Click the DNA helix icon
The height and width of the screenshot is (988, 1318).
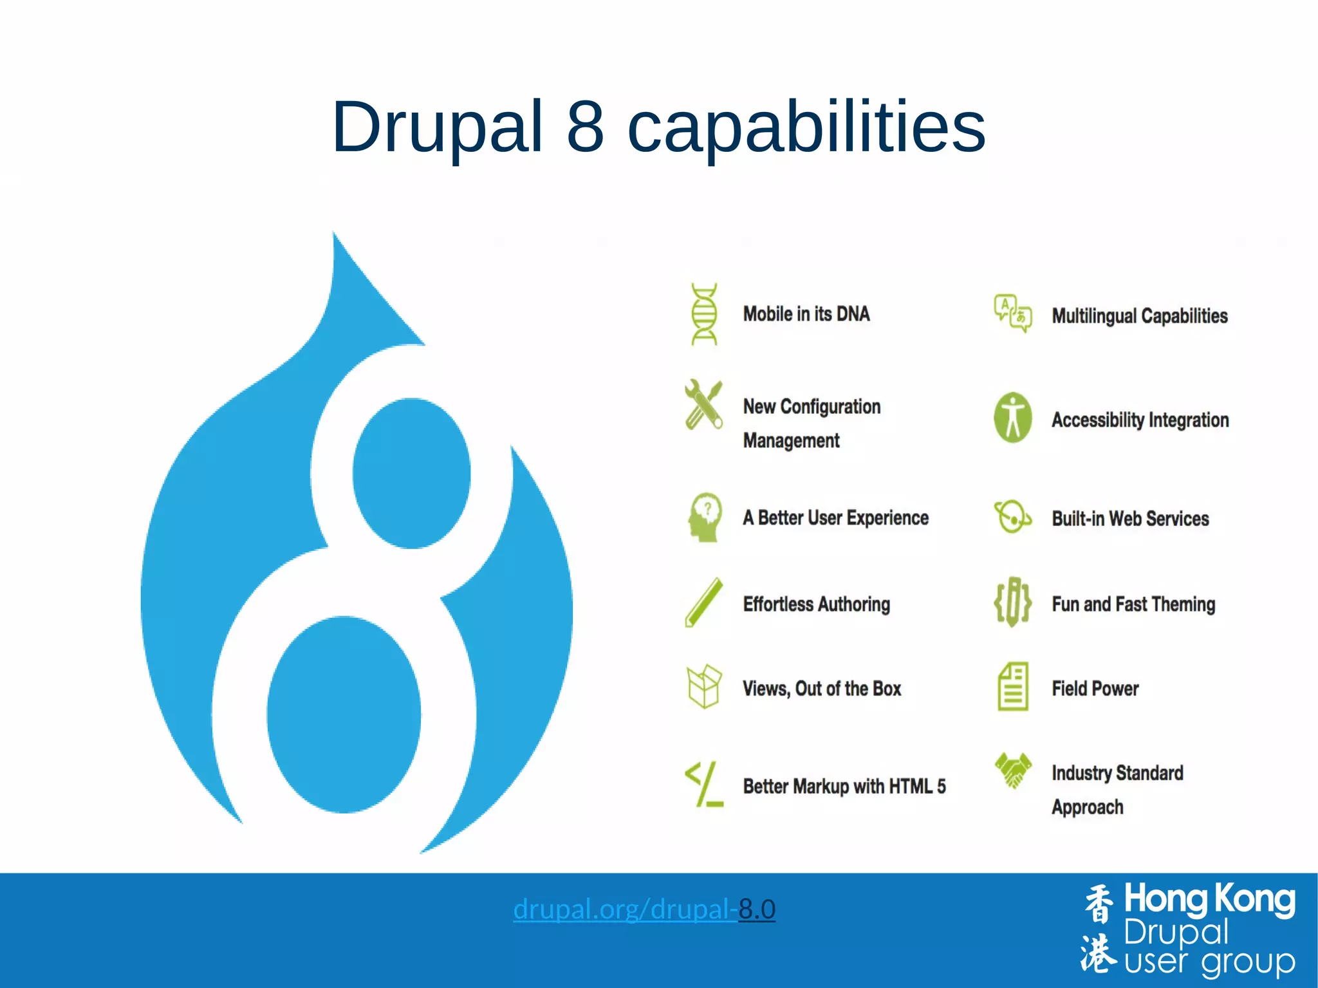tap(704, 314)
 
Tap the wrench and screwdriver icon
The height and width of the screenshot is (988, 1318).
tap(703, 405)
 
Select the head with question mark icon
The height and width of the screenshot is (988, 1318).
tap(705, 517)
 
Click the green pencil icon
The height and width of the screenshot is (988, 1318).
tap(703, 602)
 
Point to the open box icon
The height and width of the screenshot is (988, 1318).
tap(703, 687)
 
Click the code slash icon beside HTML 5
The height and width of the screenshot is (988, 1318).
tap(704, 784)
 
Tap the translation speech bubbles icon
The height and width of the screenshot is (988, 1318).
tap(1013, 313)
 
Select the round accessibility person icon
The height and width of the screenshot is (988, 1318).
tap(1013, 418)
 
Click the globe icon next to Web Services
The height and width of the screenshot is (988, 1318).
tap(1012, 517)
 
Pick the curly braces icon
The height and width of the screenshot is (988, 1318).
tap(1012, 602)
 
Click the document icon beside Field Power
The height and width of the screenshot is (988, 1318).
tap(1013, 687)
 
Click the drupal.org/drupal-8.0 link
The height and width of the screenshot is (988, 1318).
tap(644, 909)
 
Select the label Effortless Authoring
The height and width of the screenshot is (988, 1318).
tap(816, 604)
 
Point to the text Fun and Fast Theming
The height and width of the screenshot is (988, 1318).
tap(1133, 604)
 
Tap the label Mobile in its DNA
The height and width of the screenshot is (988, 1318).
tap(806, 314)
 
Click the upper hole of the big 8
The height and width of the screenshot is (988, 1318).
tap(411, 473)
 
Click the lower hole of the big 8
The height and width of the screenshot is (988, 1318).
tap(344, 714)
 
